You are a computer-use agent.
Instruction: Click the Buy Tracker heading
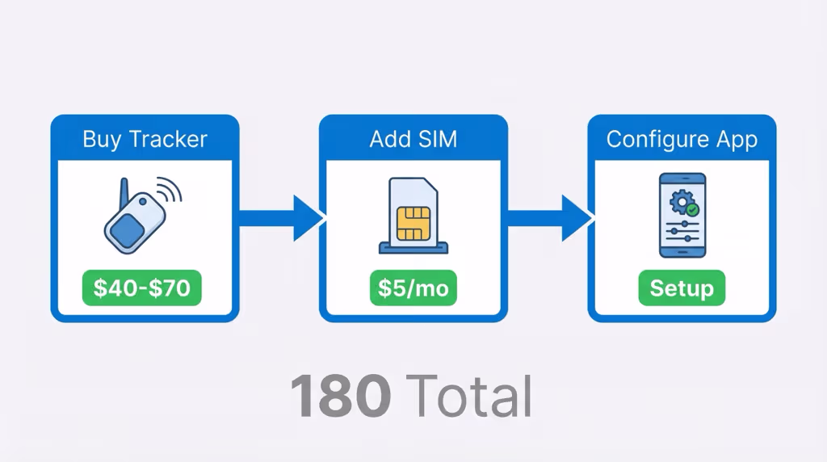pyautogui.click(x=145, y=139)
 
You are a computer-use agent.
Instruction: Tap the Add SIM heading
pyautogui.click(x=413, y=139)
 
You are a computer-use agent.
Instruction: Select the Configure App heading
pyautogui.click(x=682, y=139)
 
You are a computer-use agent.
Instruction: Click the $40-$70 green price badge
pyautogui.click(x=142, y=288)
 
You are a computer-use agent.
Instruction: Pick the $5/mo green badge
pyautogui.click(x=413, y=288)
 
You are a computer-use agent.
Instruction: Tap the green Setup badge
pyautogui.click(x=682, y=288)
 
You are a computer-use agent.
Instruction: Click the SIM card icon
pyautogui.click(x=413, y=212)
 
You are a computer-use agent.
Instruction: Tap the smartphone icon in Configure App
pyautogui.click(x=682, y=216)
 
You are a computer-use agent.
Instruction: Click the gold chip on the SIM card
pyautogui.click(x=413, y=224)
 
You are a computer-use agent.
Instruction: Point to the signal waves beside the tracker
pyautogui.click(x=170, y=191)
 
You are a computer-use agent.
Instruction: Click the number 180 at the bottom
pyautogui.click(x=341, y=397)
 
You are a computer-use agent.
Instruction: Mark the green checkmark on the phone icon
pyautogui.click(x=692, y=208)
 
